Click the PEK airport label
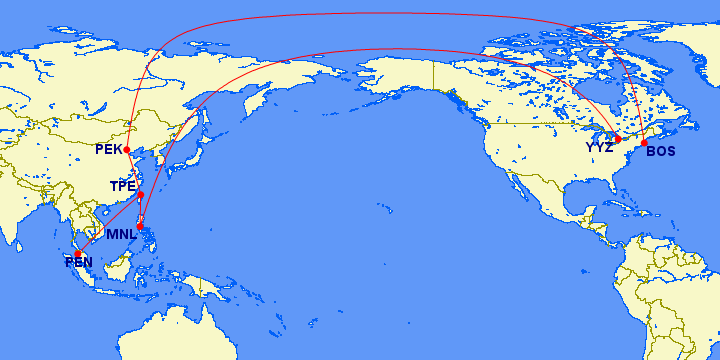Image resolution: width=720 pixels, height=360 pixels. pyautogui.click(x=109, y=150)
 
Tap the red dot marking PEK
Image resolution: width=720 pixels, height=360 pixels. pyautogui.click(x=127, y=150)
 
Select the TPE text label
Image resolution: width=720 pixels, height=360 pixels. pyautogui.click(x=122, y=187)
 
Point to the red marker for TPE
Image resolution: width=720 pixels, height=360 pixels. pyautogui.click(x=140, y=194)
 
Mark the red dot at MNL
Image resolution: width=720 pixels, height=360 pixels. pyautogui.click(x=141, y=228)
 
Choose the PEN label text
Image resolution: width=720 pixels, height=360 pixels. pyautogui.click(x=79, y=263)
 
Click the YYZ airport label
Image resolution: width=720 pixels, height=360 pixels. pyautogui.click(x=600, y=148)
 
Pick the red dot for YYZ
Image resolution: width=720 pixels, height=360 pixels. pyautogui.click(x=618, y=139)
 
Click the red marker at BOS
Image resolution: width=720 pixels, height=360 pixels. pyautogui.click(x=644, y=142)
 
